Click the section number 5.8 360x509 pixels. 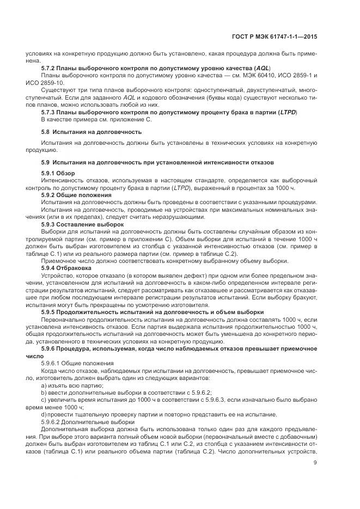pos(46,132)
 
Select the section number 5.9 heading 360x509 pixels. pos(46,162)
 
